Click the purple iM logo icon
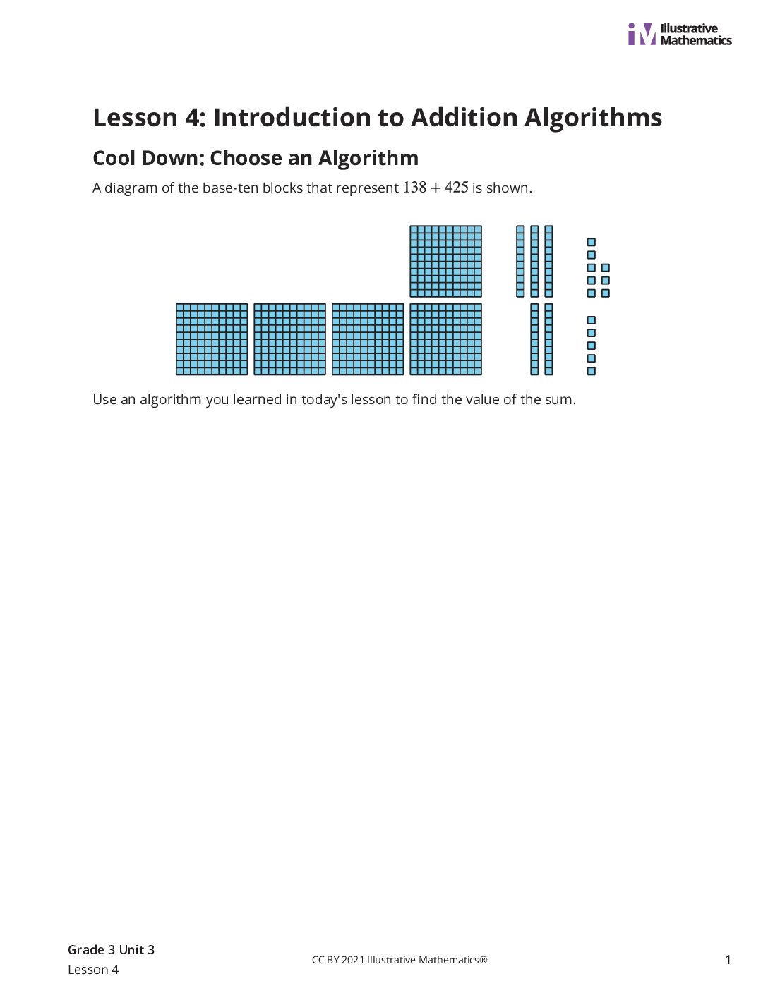(x=642, y=34)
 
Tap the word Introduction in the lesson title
(x=292, y=118)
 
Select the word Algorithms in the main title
(x=593, y=118)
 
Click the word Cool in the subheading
(x=114, y=158)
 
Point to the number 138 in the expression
(x=414, y=188)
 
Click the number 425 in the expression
(x=456, y=188)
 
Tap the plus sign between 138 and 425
(x=435, y=188)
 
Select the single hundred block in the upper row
(x=445, y=261)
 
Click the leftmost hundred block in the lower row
(x=212, y=339)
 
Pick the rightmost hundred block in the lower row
(x=445, y=339)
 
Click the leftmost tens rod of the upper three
(x=520, y=261)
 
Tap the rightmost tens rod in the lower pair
(x=548, y=339)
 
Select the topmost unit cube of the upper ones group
(x=591, y=242)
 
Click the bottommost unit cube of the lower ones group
(x=591, y=371)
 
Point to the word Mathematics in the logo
(x=696, y=41)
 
